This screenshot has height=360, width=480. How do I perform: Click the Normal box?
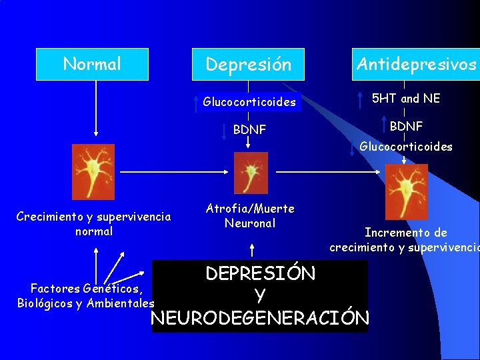pyautogui.click(x=92, y=64)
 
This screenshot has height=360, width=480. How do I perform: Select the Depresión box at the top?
pyautogui.click(x=248, y=64)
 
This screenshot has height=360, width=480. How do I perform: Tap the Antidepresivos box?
pyautogui.click(x=416, y=64)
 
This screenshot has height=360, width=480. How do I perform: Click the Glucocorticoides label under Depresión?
pyautogui.click(x=249, y=102)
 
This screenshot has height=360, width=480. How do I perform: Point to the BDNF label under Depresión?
pyautogui.click(x=249, y=129)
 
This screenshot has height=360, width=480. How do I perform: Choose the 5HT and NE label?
pyautogui.click(x=405, y=99)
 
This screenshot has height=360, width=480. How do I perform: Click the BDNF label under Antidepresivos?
pyautogui.click(x=406, y=126)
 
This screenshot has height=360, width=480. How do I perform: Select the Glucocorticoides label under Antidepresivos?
pyautogui.click(x=406, y=147)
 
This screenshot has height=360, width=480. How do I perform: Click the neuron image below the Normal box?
pyautogui.click(x=93, y=172)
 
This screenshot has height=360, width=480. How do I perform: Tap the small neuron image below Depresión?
pyautogui.click(x=251, y=173)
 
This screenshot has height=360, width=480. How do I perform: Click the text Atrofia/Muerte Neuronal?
pyautogui.click(x=250, y=216)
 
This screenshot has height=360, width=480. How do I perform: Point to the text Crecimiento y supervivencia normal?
pyautogui.click(x=93, y=224)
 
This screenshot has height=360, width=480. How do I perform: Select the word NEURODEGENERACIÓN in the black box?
pyautogui.click(x=260, y=318)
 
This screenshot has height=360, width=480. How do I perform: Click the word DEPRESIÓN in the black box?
pyautogui.click(x=260, y=273)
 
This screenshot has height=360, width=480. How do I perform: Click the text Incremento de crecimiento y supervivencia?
pyautogui.click(x=405, y=240)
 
